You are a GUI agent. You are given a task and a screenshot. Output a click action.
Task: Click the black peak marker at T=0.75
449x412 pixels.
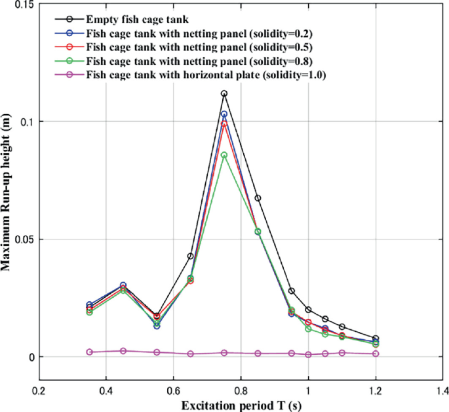(224, 94)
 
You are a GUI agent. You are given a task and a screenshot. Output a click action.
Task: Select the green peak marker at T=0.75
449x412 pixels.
(224, 155)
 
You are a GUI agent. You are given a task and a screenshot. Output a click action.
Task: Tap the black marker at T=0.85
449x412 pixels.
(258, 198)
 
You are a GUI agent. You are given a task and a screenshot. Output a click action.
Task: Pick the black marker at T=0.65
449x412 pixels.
(191, 256)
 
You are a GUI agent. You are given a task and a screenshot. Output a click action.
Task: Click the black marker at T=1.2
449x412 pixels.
(376, 339)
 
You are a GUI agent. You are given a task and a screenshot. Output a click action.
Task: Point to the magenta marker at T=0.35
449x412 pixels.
(90, 352)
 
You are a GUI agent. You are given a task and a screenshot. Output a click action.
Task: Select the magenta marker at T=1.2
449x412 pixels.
(376, 354)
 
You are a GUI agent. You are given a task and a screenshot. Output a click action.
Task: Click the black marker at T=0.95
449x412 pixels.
(292, 291)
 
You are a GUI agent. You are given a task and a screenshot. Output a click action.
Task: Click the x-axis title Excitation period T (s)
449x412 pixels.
(241, 405)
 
